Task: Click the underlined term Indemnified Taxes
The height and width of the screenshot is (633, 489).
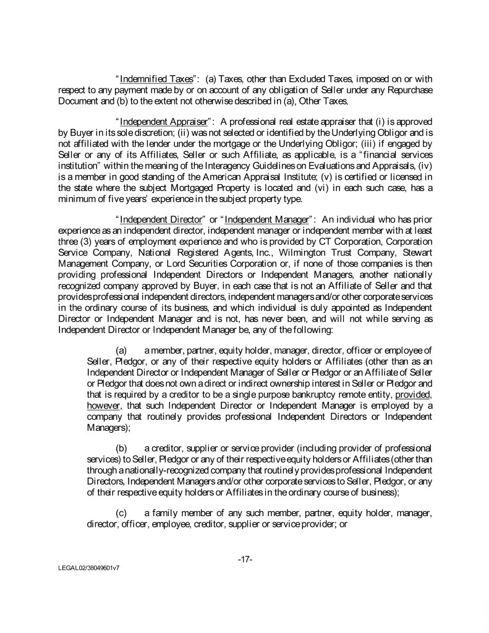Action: [148, 79]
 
